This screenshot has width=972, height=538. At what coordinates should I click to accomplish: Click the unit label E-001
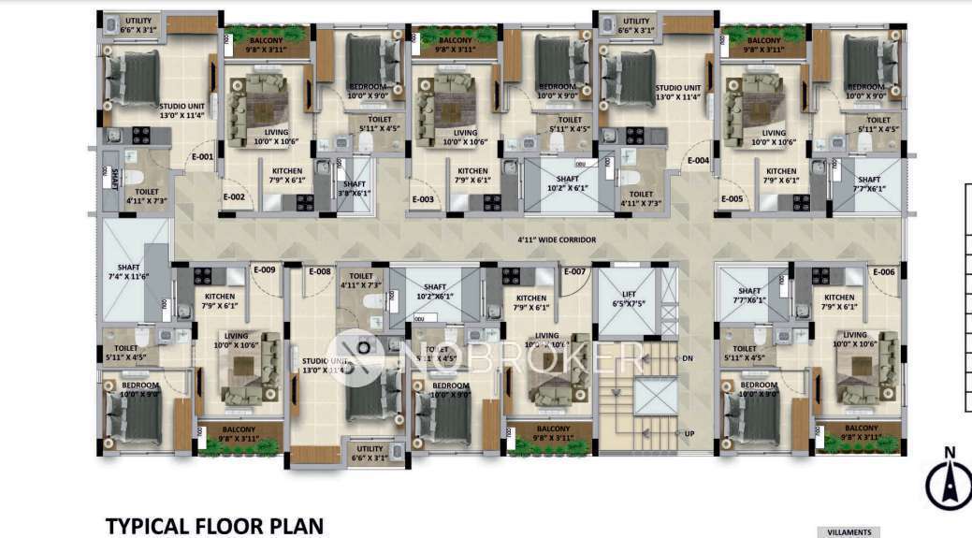click(202, 157)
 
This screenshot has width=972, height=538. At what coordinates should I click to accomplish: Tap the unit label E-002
click(234, 197)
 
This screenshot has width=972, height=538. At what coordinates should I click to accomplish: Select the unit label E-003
click(422, 199)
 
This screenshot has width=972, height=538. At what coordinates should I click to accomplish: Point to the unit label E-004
click(698, 160)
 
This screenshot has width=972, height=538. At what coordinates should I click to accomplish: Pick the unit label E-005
click(732, 199)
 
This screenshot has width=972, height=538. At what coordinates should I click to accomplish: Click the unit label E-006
click(883, 271)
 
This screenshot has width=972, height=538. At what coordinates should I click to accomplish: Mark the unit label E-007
click(574, 271)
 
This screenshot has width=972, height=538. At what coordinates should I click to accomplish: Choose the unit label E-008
click(319, 271)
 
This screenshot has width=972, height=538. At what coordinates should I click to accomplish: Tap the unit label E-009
click(264, 270)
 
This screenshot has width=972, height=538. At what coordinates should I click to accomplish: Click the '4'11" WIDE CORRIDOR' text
click(557, 240)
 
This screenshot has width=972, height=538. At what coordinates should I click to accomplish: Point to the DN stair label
click(688, 358)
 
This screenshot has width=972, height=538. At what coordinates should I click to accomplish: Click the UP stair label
click(689, 433)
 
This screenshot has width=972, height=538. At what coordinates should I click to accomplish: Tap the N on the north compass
click(950, 454)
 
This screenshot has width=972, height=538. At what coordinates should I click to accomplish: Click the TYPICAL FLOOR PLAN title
click(214, 525)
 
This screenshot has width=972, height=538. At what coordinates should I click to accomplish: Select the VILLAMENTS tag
click(849, 532)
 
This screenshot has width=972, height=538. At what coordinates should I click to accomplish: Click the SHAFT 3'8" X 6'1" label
click(355, 188)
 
